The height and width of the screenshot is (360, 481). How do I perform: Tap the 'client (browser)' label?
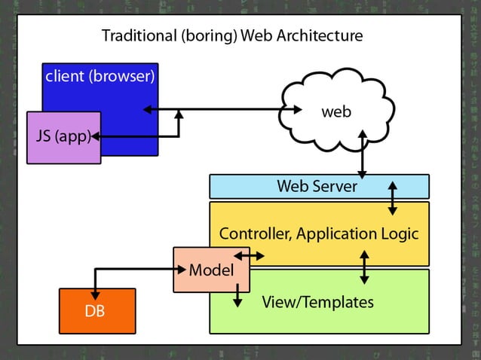100,76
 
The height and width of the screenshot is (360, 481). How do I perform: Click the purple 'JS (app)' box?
63,137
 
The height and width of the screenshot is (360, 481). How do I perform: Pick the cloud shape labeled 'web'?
336,111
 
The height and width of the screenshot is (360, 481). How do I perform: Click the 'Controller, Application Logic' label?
318,233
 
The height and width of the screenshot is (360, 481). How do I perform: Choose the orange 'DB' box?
97,310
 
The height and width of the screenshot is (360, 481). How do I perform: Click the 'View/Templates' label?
317,302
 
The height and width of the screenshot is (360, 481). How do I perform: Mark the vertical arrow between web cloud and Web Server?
363,154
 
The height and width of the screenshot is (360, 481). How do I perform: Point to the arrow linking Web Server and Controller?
392,198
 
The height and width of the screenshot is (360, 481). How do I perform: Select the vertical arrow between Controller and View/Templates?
364,267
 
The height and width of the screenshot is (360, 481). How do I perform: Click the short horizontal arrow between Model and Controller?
250,256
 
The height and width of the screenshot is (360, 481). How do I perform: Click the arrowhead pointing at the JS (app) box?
96,137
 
